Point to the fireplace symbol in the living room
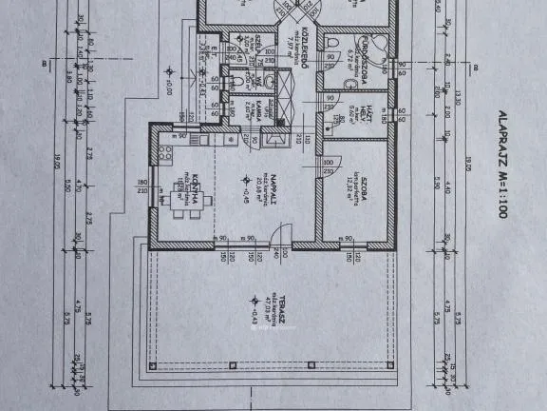point(273,139)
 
